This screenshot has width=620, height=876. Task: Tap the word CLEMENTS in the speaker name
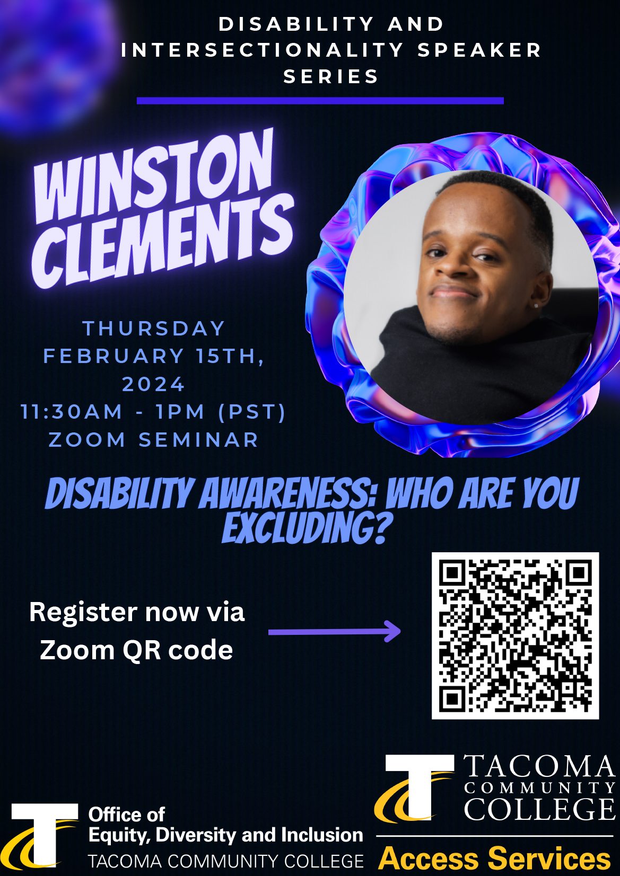pos(162,241)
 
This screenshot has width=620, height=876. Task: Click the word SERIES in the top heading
pos(331,76)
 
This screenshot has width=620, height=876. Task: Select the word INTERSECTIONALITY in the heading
pos(263,50)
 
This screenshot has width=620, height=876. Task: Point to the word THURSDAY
pos(153,329)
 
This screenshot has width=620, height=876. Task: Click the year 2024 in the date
pos(153,384)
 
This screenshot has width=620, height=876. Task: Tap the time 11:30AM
pos(71,412)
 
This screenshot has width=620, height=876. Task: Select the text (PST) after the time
pos(252,412)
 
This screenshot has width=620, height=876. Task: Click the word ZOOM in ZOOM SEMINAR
pos(87,440)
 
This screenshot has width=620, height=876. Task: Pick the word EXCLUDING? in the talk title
pos(307,528)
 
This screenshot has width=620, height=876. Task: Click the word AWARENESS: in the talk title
pos(288,493)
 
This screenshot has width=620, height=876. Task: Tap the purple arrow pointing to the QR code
pos(334,632)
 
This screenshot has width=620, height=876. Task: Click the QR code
pos(515,636)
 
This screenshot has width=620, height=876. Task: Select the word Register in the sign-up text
pos(83,613)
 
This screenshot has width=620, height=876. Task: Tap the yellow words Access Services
pos(494,859)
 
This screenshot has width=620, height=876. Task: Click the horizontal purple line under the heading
pos(320,101)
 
